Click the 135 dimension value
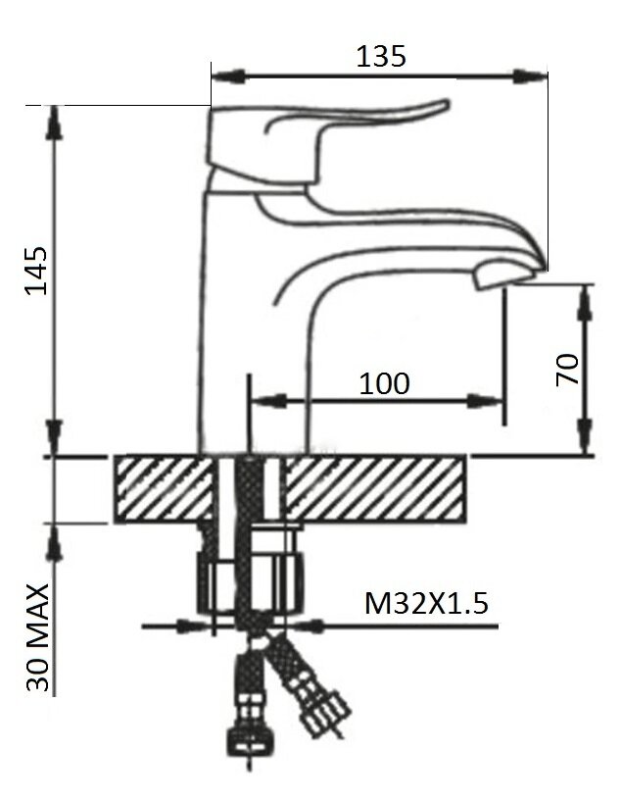(x=381, y=56)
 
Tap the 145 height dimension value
(x=37, y=271)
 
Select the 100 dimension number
(x=384, y=383)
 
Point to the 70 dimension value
(x=568, y=369)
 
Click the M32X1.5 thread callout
(x=426, y=603)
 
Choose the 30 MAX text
(x=38, y=638)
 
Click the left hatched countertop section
(x=164, y=489)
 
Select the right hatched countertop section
(x=375, y=489)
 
